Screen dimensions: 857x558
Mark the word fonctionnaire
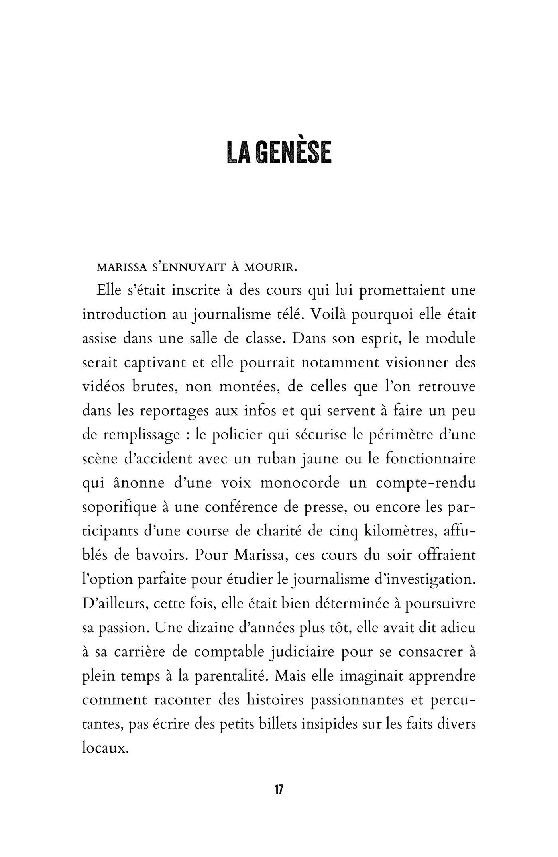430,459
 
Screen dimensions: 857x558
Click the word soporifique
120,508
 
